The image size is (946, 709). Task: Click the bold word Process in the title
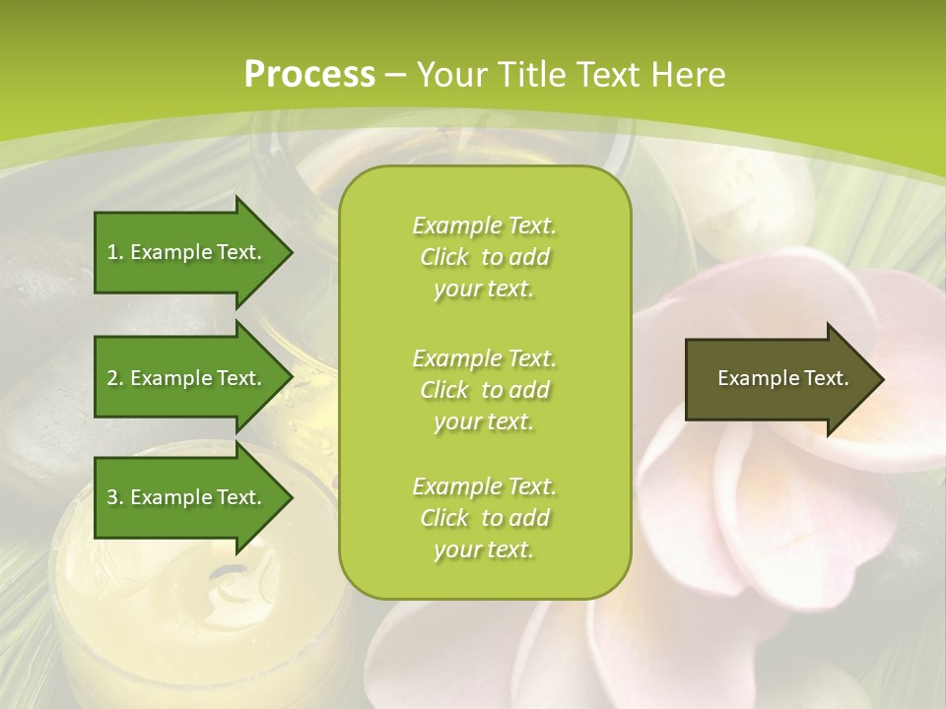click(309, 75)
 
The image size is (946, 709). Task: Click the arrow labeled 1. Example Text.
click(187, 252)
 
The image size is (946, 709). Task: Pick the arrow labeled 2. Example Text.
click(187, 378)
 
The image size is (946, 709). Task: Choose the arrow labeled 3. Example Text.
click(187, 497)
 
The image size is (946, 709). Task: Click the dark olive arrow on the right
click(778, 379)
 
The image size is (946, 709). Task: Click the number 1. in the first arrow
click(115, 252)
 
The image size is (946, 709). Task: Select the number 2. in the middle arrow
click(115, 378)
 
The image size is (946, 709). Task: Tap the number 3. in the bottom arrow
click(115, 497)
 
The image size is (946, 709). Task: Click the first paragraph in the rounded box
click(484, 257)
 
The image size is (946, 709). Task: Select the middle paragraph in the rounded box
click(484, 390)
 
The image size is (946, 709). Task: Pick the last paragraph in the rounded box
click(484, 518)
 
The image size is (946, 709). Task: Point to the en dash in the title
click(396, 75)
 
